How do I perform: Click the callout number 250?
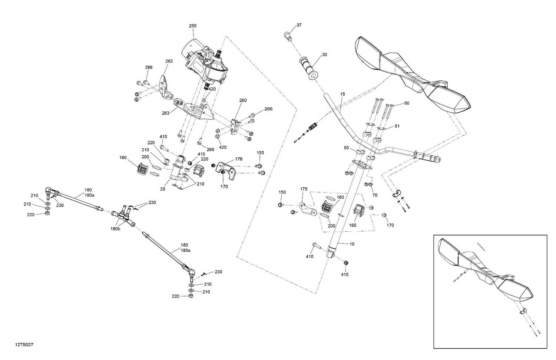pos(193,26)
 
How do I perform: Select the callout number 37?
pos(299,25)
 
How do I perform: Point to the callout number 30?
pos(324,55)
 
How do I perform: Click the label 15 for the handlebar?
pos(342,94)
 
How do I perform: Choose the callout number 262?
pos(169,61)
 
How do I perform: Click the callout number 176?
pos(239,159)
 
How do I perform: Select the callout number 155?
pos(261,152)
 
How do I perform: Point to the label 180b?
pos(115,229)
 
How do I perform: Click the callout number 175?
pos(304,189)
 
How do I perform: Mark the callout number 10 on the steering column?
pos(352,244)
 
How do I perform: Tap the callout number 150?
pos(282,192)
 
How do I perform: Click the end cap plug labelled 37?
pos(287,35)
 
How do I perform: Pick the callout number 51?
pos(397,126)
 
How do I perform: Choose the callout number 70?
pos(375,195)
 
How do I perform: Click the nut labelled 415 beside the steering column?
pos(345,262)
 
